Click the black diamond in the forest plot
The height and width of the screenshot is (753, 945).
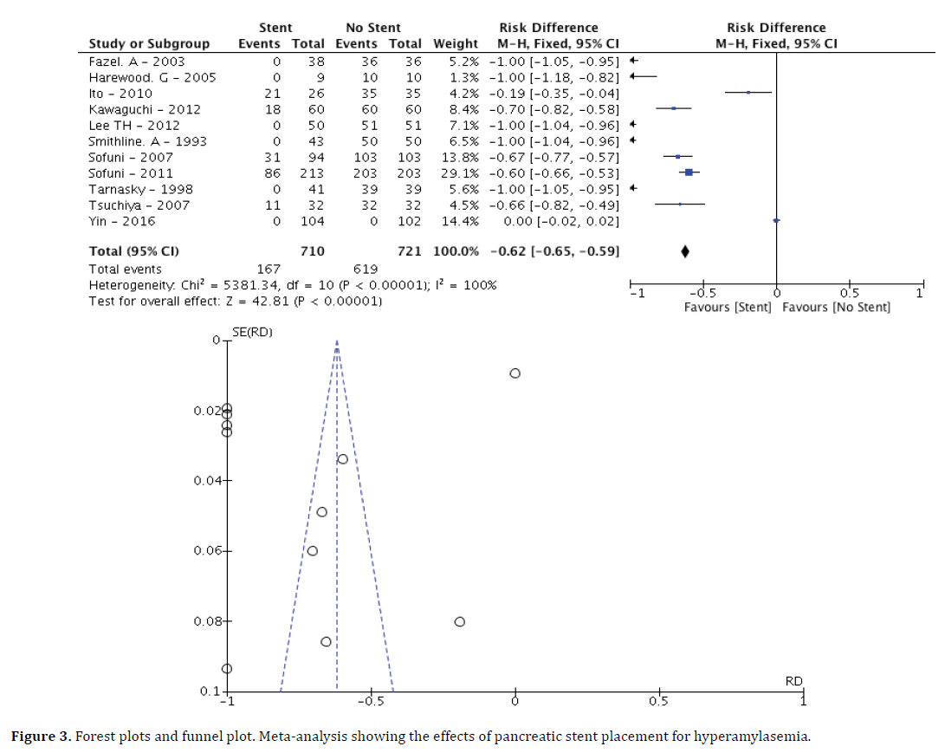pyautogui.click(x=685, y=252)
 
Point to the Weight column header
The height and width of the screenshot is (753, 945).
pyautogui.click(x=455, y=44)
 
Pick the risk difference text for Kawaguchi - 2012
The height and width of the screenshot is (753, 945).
pyautogui.click(x=553, y=110)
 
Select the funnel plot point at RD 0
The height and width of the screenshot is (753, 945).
pyautogui.click(x=515, y=373)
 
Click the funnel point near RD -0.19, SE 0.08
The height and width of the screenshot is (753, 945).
pyautogui.click(x=460, y=621)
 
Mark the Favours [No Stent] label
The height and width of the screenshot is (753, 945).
pyautogui.click(x=836, y=308)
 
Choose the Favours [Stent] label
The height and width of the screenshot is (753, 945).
pyautogui.click(x=727, y=308)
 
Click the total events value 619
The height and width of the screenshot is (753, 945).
pyautogui.click(x=366, y=269)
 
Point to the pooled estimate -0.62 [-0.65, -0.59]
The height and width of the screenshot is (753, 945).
pyautogui.click(x=553, y=252)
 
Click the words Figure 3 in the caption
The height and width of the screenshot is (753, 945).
pyautogui.click(x=40, y=737)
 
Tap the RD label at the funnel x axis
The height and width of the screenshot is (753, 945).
pyautogui.click(x=793, y=682)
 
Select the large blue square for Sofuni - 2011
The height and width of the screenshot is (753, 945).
pyautogui.click(x=689, y=173)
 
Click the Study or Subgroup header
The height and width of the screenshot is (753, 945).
pyautogui.click(x=149, y=44)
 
